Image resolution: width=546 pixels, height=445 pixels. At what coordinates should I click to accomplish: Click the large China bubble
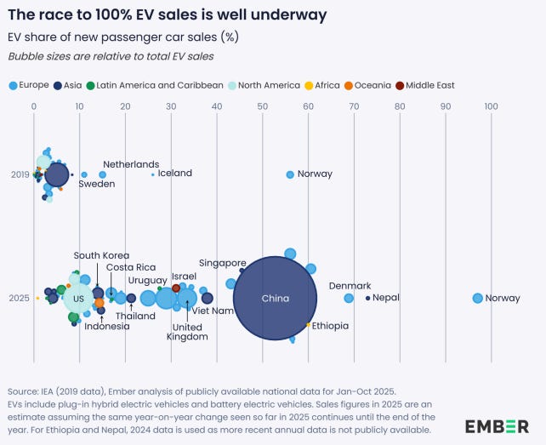(x=276, y=299)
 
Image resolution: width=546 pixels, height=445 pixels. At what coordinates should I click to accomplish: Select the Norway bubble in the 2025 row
(x=477, y=298)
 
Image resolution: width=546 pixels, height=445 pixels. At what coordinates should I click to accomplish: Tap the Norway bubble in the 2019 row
(x=290, y=174)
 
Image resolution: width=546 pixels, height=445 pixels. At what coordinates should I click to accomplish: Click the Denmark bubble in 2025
(x=349, y=298)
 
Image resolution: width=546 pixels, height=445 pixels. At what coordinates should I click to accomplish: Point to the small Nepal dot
(x=368, y=298)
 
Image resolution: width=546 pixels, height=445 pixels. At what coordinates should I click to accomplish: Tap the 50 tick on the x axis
(x=263, y=106)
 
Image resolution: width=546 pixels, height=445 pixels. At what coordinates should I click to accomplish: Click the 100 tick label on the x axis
(x=491, y=106)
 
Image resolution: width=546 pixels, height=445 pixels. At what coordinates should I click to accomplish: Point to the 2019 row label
(x=20, y=174)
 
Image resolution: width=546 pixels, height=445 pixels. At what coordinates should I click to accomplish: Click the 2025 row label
(x=20, y=298)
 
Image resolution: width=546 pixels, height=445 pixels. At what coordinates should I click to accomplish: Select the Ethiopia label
(x=330, y=326)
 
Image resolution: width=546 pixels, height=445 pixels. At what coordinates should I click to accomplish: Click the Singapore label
(x=222, y=263)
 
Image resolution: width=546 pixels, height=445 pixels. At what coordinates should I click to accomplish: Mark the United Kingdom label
(x=190, y=332)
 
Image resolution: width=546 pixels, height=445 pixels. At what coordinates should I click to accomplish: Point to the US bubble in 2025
(x=78, y=299)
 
